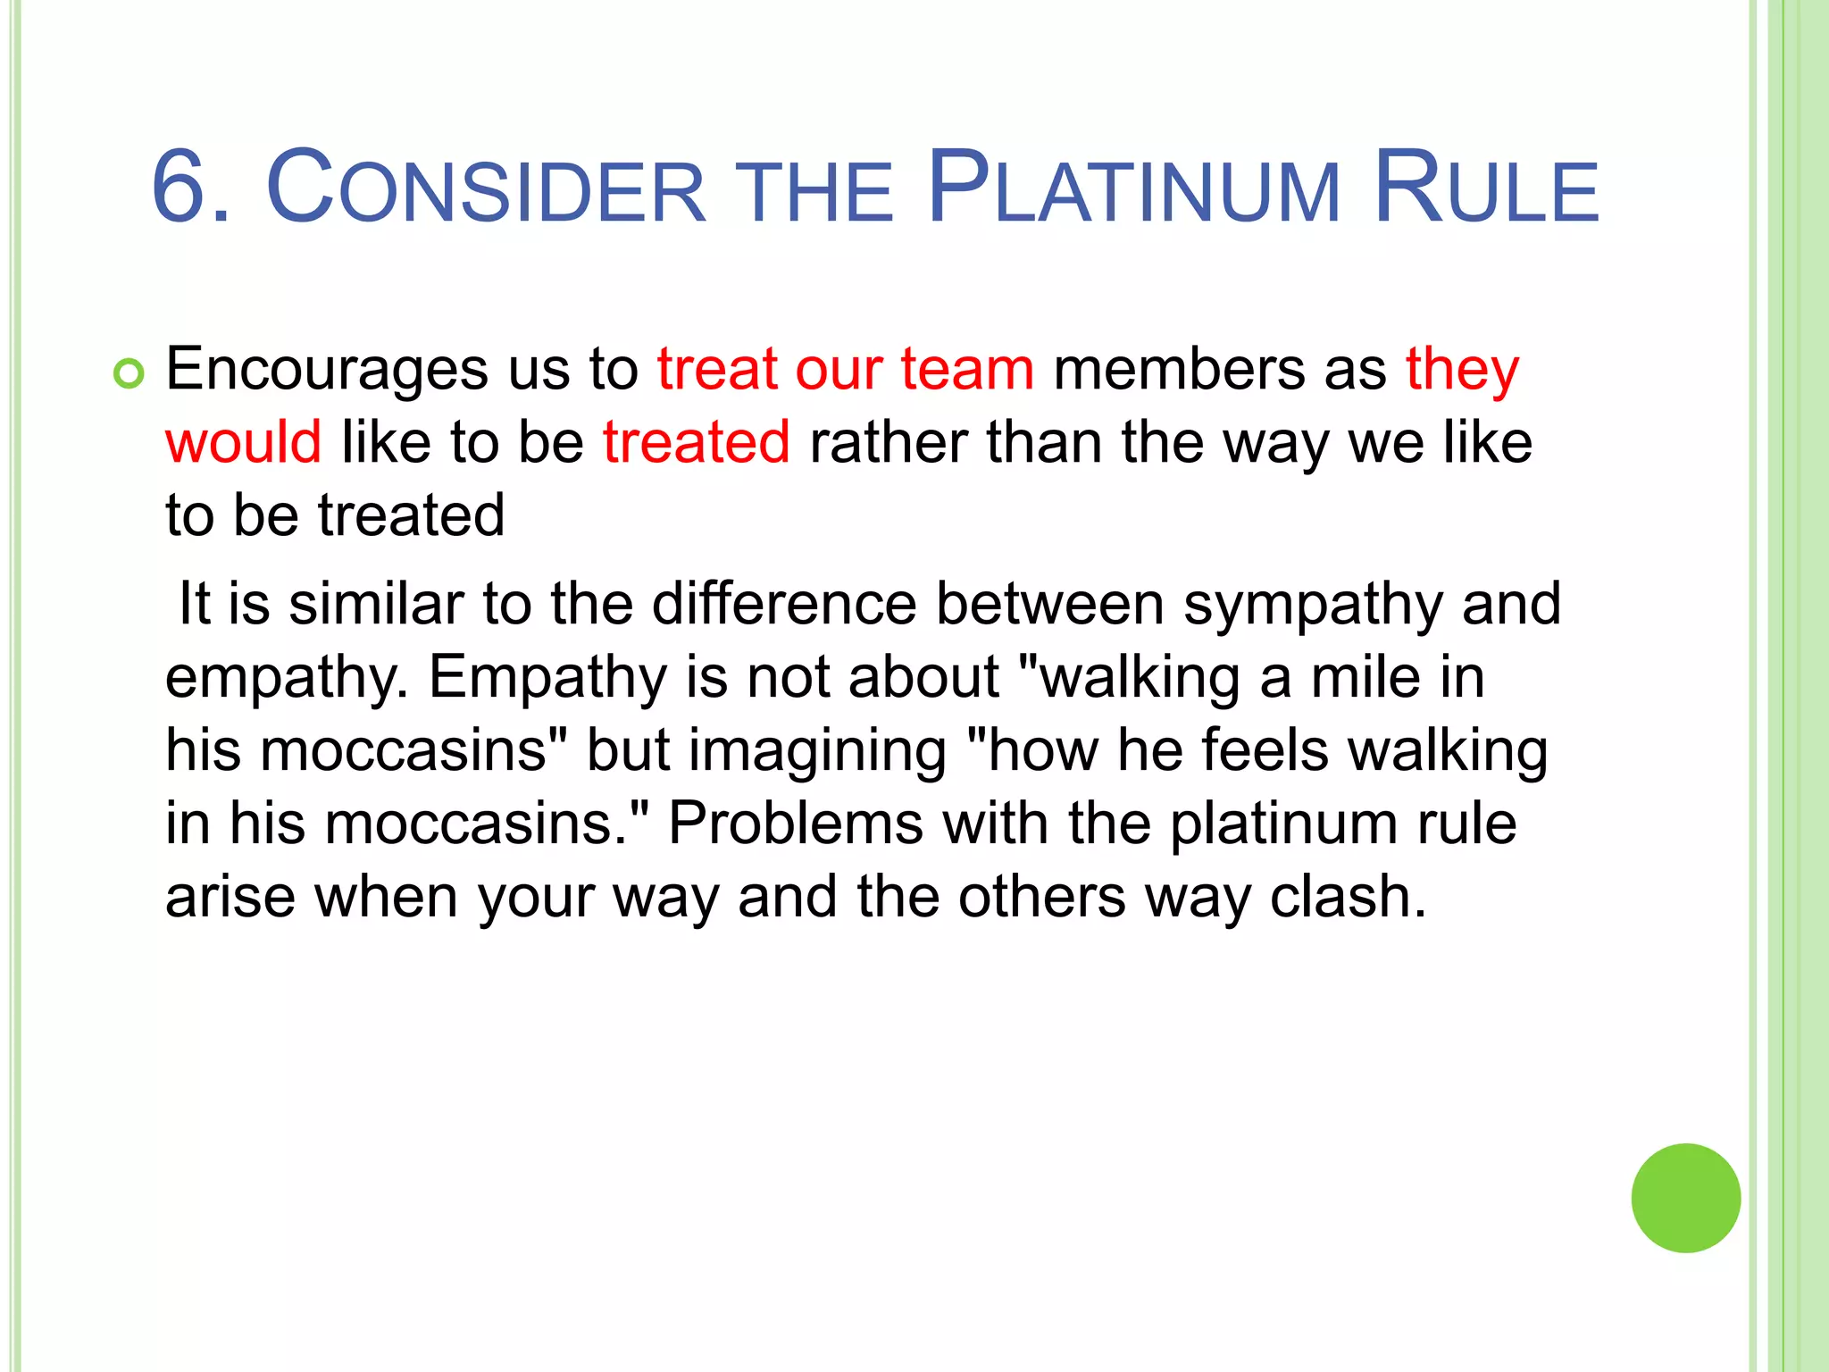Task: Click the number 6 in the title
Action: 182,188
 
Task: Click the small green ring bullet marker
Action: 129,374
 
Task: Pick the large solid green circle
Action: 1685,1198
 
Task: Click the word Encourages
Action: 327,370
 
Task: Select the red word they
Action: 1462,370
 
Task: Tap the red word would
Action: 243,442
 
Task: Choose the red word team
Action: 967,370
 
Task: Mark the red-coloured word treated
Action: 697,442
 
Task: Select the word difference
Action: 784,605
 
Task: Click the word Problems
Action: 796,823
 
